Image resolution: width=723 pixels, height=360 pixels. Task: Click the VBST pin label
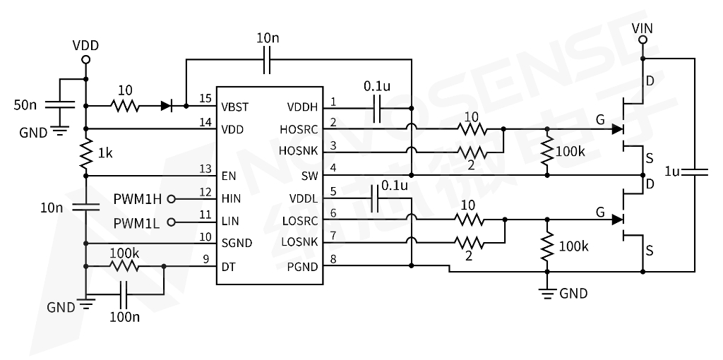[x=236, y=107]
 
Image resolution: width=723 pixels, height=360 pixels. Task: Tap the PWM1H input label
[x=138, y=198]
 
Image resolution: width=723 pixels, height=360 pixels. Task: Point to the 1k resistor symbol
[x=86, y=153]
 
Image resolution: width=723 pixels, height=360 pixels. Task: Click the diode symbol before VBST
[x=167, y=106]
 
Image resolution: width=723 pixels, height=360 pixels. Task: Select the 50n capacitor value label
[x=25, y=105]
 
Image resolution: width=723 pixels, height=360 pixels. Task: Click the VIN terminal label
[x=643, y=28]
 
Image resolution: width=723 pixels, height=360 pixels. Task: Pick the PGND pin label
[x=304, y=267]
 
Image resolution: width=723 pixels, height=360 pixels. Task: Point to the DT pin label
[x=229, y=267]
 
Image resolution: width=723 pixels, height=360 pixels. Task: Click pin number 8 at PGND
[x=333, y=260]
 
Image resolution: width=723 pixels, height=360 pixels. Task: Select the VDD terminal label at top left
[x=86, y=46]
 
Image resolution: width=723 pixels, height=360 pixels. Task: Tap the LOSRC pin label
[x=301, y=221]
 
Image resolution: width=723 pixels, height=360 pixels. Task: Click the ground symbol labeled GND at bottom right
[x=546, y=291]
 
